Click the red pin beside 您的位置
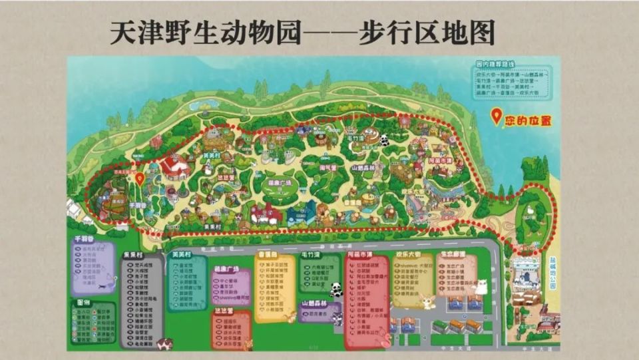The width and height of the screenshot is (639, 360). (496, 117)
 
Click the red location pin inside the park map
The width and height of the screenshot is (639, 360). (139, 178)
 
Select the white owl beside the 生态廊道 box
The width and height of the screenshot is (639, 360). (480, 286)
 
